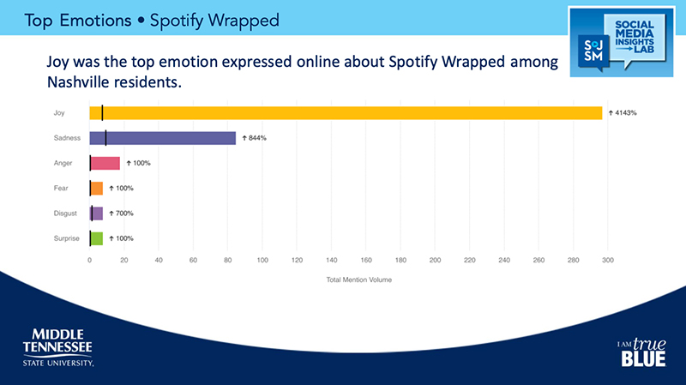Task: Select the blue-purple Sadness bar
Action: coord(163,137)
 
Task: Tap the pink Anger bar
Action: coord(105,163)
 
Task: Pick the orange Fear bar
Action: coord(96,188)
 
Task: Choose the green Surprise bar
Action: coord(96,238)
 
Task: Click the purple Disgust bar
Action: coord(96,214)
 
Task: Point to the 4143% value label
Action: coord(624,112)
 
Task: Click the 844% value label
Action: coord(255,137)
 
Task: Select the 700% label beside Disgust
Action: coord(121,214)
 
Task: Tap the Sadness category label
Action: coord(67,137)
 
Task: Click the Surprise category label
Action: coord(67,238)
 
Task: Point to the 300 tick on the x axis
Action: coord(608,261)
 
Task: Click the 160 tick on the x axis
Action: coord(366,261)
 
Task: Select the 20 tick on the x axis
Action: coord(124,261)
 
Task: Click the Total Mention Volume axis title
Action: coord(349,280)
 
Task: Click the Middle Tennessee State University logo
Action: coord(57,346)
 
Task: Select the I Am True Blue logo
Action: coord(641,351)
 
